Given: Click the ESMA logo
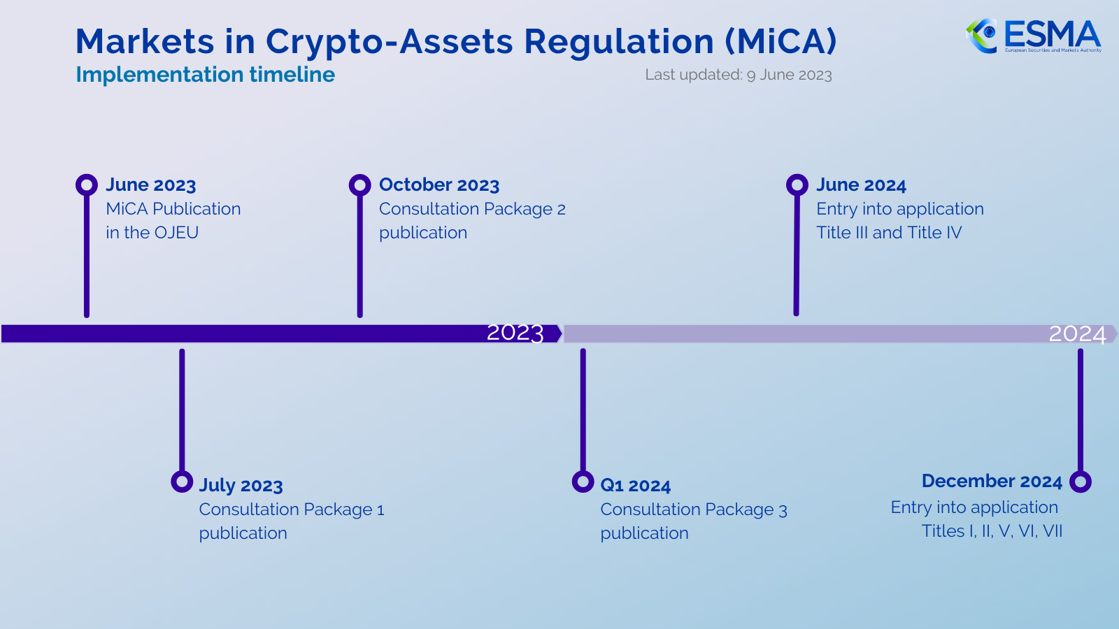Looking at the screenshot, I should [1033, 36].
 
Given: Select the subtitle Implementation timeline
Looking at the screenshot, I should [205, 75].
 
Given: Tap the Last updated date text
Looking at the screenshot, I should [738, 75].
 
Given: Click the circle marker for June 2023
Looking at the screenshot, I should [87, 185].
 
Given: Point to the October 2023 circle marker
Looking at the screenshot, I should [359, 185].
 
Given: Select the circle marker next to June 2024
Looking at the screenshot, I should [797, 185].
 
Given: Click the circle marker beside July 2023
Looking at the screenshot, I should [182, 482].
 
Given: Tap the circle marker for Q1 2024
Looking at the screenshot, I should [583, 482].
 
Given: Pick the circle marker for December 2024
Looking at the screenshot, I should [1081, 482].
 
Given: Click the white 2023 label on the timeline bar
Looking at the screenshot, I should [515, 333].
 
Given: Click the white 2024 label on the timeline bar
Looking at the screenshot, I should [1077, 334].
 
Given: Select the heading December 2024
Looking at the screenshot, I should [991, 482].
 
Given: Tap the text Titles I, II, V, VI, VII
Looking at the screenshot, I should [991, 531].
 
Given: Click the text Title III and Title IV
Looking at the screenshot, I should [889, 233].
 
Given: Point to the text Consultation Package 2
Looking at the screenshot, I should [472, 209].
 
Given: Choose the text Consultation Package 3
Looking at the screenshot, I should [693, 509].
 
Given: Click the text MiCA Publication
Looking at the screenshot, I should [173, 209].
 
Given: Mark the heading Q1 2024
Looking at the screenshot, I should [635, 486].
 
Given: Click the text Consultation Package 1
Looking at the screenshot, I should [291, 509].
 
